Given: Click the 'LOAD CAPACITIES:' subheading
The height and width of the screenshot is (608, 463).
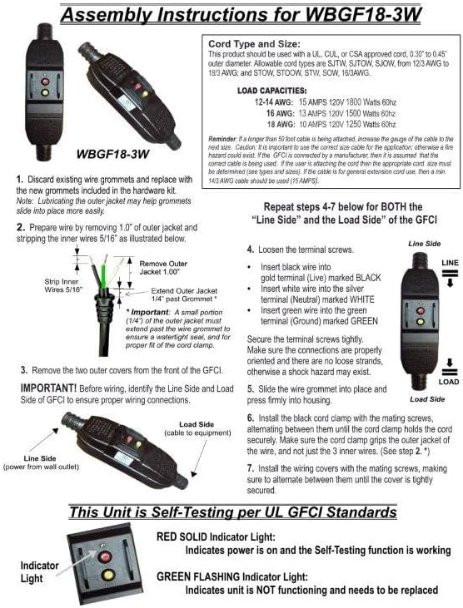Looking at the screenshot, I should click(x=274, y=90).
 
